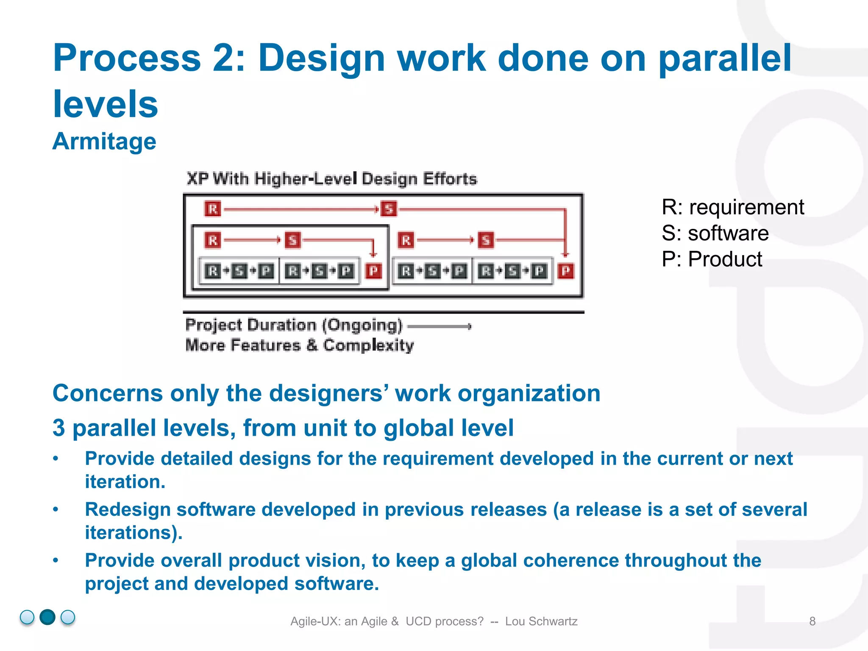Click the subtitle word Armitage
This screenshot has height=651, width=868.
[104, 142]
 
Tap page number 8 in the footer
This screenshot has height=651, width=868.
[812, 621]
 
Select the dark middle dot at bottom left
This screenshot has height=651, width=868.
[47, 617]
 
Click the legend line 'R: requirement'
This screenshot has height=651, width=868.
[732, 207]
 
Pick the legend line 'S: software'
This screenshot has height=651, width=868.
[715, 233]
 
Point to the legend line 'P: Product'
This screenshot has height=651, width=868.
[712, 259]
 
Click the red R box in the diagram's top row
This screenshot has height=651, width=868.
[213, 209]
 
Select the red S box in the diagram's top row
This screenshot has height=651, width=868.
[389, 209]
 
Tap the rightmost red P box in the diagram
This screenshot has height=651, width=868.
[566, 271]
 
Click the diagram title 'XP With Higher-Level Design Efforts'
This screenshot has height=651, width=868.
[332, 179]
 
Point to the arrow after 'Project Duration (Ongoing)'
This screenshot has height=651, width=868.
[439, 326]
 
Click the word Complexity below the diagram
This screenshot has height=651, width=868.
[368, 345]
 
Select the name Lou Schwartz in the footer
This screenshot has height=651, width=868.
[541, 621]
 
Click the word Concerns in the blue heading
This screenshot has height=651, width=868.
[108, 393]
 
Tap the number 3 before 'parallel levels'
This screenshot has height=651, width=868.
[59, 428]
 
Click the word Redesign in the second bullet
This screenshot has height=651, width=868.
[128, 509]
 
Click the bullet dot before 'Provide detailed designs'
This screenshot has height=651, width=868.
[56, 459]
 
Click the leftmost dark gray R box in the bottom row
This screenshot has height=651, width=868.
[213, 271]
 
